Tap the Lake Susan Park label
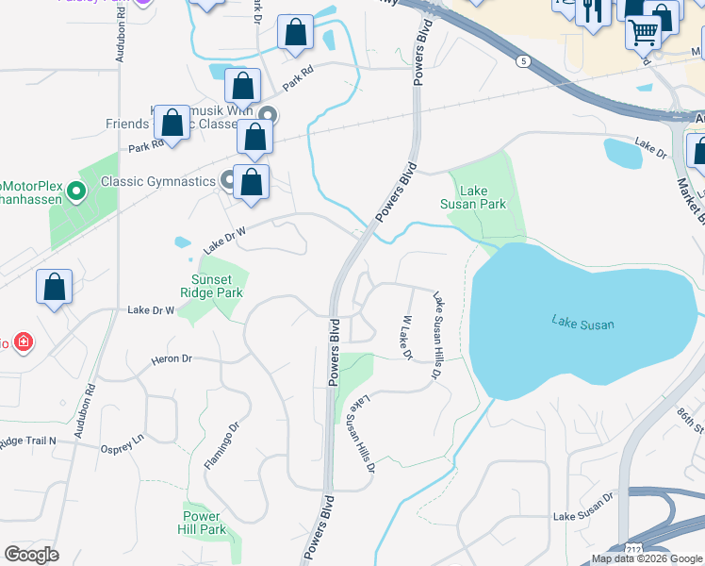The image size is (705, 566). tap(473, 196)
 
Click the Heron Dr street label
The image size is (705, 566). tap(172, 359)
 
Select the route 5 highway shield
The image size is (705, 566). tap(522, 61)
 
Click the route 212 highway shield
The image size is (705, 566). tap(630, 549)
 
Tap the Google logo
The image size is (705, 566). tap(32, 555)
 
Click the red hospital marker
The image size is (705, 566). tap(23, 341)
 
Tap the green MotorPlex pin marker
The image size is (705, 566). tap(76, 193)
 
